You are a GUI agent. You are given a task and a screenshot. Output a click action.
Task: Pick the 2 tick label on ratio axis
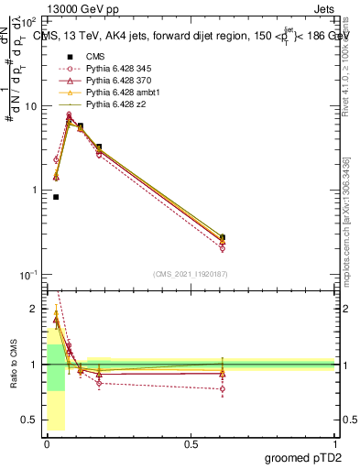pyautogui.click(x=37, y=309)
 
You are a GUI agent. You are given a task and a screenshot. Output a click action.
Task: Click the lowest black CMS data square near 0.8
pyautogui.click(x=56, y=197)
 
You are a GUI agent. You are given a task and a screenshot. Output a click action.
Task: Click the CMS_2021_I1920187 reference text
pyautogui.click(x=191, y=274)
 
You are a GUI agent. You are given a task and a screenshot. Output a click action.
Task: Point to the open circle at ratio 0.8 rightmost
pyautogui.click(x=223, y=388)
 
